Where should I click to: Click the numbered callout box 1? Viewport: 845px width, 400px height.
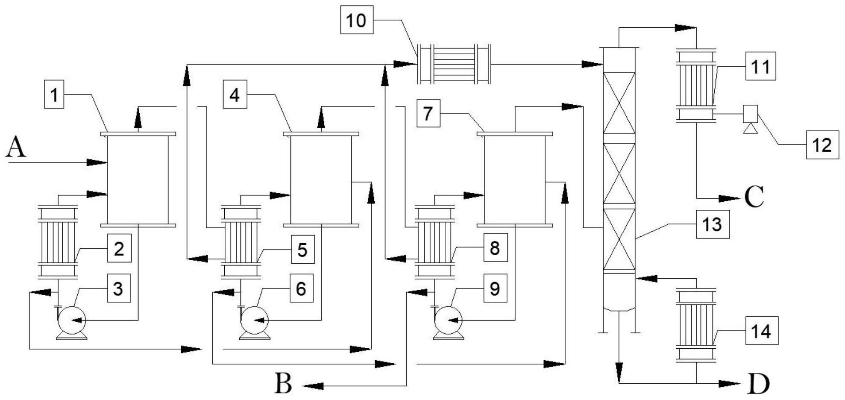(x=54, y=95)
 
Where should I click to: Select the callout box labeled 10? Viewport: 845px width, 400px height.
(x=356, y=20)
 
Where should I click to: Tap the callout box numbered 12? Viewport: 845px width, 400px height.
(x=822, y=145)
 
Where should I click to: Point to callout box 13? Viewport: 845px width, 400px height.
(x=712, y=224)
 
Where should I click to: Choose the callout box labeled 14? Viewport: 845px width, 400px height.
(x=762, y=331)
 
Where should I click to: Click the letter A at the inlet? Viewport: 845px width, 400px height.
(x=16, y=149)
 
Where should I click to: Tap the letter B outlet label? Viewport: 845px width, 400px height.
(x=283, y=383)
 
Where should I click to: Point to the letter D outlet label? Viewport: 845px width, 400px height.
(x=759, y=384)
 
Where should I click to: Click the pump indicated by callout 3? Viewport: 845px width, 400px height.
(x=71, y=321)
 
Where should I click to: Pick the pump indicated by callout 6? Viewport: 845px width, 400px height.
(x=254, y=321)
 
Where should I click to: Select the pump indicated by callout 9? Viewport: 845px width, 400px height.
(x=448, y=321)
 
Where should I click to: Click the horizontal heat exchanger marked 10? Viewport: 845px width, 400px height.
(x=454, y=64)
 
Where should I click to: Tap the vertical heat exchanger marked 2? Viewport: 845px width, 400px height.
(x=58, y=241)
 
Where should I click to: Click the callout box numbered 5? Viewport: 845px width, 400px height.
(x=302, y=250)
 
